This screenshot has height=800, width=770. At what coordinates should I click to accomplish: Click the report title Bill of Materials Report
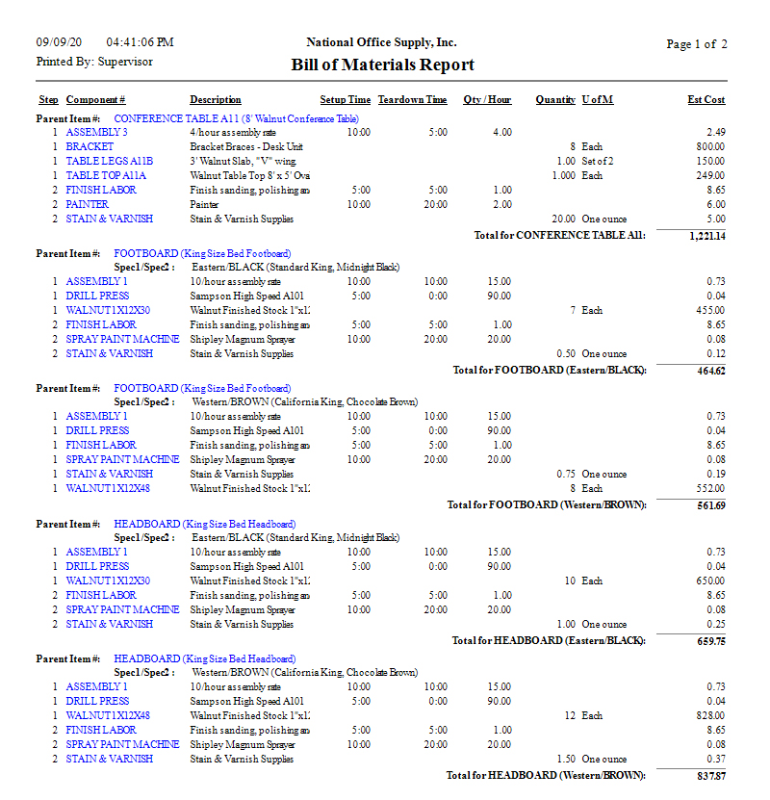382,65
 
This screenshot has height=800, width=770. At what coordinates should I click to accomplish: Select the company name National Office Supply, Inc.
381,42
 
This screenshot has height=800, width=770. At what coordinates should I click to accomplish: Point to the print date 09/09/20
60,42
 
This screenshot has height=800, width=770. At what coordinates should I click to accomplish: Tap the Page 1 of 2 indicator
697,44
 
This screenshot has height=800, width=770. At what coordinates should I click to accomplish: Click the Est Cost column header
706,100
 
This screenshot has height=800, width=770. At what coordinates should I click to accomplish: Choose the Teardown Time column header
412,100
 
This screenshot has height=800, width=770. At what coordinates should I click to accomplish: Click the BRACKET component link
90,146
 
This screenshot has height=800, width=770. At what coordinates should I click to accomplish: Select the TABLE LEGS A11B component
109,161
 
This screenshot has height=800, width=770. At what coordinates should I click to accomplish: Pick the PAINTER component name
87,204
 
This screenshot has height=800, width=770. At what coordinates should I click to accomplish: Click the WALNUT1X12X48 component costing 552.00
108,488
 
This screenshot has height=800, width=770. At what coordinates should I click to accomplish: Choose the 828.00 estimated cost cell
711,715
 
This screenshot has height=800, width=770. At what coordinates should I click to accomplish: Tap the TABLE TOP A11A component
106,175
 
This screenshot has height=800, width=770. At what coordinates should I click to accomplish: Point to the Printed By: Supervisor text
94,62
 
